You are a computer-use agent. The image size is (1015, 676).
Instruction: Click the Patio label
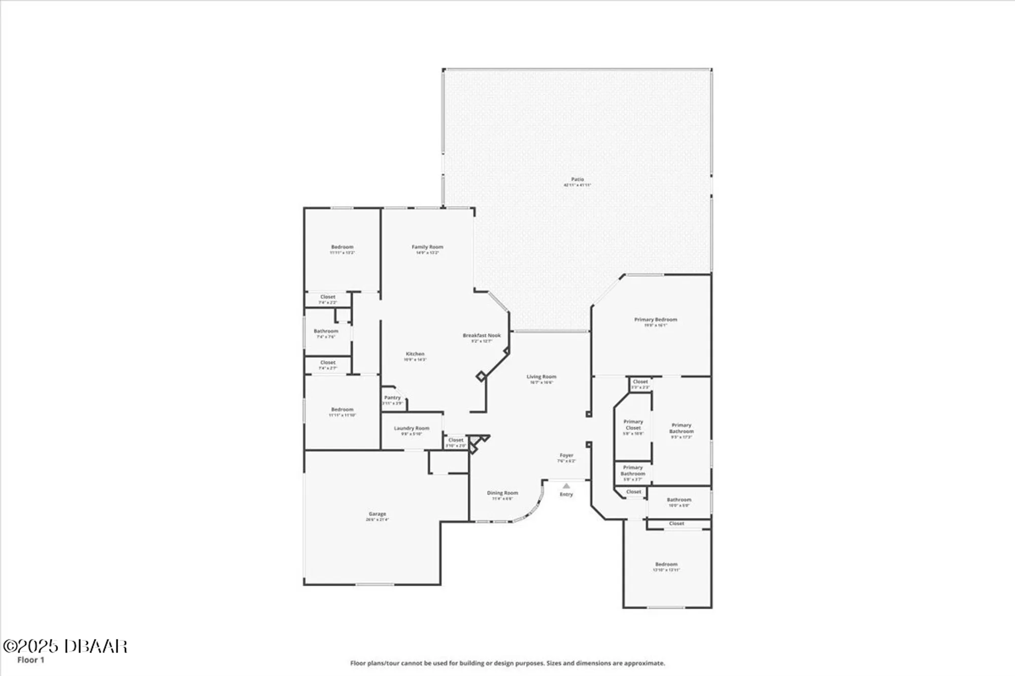(x=577, y=180)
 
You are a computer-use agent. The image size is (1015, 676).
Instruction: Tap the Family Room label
(x=427, y=247)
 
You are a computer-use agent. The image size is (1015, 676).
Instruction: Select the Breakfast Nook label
(x=481, y=336)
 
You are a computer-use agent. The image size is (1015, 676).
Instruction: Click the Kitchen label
(x=415, y=354)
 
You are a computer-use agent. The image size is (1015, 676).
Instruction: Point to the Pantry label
(x=392, y=398)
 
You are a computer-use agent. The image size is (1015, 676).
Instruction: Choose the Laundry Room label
(x=412, y=429)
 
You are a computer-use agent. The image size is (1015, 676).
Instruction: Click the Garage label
(x=377, y=514)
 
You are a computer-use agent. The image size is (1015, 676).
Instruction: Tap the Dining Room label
(x=502, y=493)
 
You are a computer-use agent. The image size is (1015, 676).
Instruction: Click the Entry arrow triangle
(x=566, y=486)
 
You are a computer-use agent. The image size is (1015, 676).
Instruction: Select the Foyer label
(x=566, y=456)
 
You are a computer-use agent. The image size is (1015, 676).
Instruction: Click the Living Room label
(x=541, y=377)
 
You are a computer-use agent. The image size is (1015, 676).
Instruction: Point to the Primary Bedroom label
(x=655, y=320)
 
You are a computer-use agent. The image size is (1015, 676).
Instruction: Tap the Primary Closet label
(x=633, y=425)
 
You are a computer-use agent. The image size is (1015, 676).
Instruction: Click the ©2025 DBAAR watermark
(x=65, y=646)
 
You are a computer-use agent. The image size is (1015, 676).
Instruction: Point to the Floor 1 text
(x=31, y=660)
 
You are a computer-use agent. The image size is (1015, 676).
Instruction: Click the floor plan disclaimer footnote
(x=507, y=663)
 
